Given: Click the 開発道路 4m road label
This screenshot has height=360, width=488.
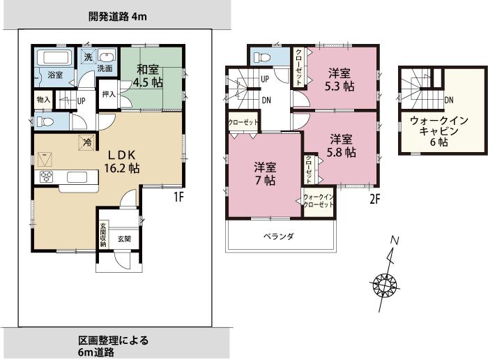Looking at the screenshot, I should [x=118, y=15].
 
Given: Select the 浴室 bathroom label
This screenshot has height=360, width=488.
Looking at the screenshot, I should [x=55, y=74].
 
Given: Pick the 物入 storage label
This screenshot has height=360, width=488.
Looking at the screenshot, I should [x=43, y=100].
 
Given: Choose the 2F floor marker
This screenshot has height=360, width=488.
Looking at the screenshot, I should [x=374, y=198].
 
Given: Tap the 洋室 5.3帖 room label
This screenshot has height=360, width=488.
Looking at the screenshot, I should [x=340, y=79].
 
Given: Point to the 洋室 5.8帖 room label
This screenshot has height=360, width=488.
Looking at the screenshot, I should [x=342, y=144].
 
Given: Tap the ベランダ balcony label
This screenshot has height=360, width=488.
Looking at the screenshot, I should [x=279, y=237].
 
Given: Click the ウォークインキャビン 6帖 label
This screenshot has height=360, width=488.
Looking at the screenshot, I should [x=433, y=130].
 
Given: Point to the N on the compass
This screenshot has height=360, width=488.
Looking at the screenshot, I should [x=394, y=241].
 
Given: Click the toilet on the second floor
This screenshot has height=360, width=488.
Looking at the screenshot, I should [x=262, y=57].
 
